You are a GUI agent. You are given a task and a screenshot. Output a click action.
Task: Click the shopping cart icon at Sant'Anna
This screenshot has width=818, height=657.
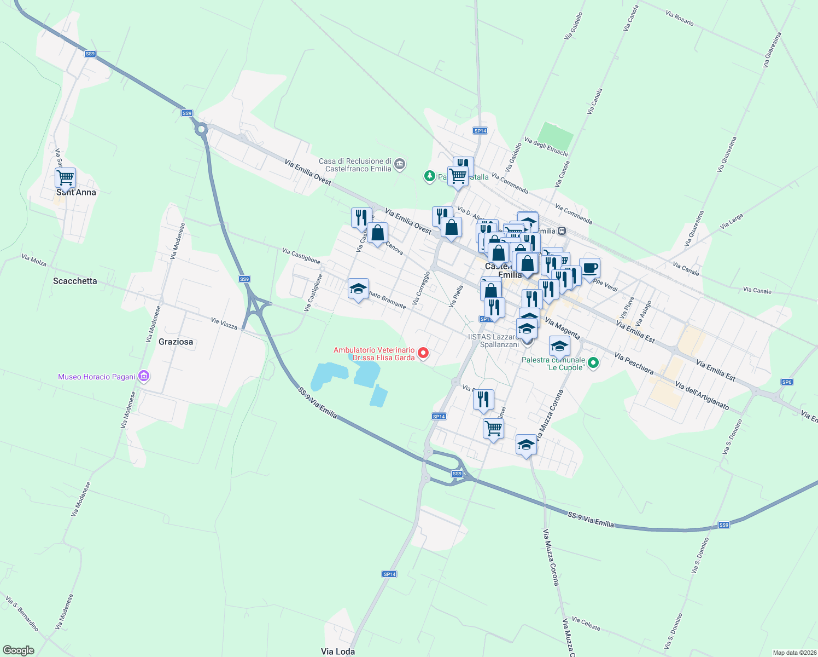[x=65, y=178]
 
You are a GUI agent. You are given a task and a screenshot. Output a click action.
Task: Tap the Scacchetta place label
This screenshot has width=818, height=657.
[x=75, y=281]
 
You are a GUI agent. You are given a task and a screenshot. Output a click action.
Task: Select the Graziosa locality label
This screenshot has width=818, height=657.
[x=176, y=342]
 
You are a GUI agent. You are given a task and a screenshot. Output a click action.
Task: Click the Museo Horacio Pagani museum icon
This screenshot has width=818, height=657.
[x=144, y=376]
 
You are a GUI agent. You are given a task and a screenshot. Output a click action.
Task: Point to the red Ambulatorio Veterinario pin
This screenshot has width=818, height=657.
[x=423, y=353]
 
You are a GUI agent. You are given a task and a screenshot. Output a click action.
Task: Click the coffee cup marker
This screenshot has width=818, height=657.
[x=589, y=268]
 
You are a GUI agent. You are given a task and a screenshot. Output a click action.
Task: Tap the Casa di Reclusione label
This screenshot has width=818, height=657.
[x=355, y=165]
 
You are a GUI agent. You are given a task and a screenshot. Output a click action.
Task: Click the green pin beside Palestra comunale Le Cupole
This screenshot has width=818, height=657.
[x=594, y=362]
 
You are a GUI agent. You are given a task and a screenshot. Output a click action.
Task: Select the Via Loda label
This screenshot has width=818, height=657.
[x=337, y=651]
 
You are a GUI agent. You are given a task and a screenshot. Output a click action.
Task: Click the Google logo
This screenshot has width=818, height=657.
[x=19, y=650]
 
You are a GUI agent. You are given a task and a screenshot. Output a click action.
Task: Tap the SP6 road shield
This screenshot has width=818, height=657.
[x=787, y=382]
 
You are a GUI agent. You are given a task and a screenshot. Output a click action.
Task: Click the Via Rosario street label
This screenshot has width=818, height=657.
[x=680, y=18]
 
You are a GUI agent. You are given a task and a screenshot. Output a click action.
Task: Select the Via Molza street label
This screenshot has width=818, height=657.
[x=34, y=260]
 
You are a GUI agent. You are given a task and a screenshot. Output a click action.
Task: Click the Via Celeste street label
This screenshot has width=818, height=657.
[x=586, y=624]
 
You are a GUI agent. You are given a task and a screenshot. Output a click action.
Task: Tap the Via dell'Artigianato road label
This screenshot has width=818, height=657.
[x=702, y=395]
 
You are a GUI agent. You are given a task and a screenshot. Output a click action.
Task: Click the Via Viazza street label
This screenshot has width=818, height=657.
[x=224, y=324]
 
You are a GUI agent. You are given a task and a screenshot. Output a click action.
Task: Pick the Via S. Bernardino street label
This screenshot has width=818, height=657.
[x=22, y=613]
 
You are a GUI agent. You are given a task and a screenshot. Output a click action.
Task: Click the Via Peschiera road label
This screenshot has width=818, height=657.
[x=634, y=364]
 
